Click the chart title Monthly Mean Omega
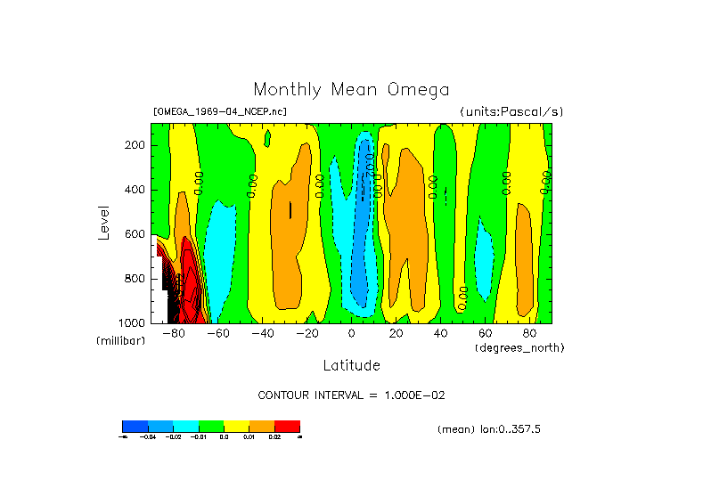(351, 90)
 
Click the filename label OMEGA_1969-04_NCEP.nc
(220, 112)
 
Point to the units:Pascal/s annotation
(511, 112)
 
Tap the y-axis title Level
(104, 222)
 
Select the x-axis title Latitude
(351, 365)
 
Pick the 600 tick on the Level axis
(135, 234)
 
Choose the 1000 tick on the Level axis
(133, 322)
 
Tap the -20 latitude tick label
(307, 334)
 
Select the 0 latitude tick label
(351, 334)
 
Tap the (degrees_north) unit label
(519, 347)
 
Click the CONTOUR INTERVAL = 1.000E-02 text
(350, 395)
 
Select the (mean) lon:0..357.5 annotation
(489, 429)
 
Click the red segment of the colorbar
(287, 426)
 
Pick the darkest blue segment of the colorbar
(135, 426)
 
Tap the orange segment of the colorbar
(262, 426)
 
